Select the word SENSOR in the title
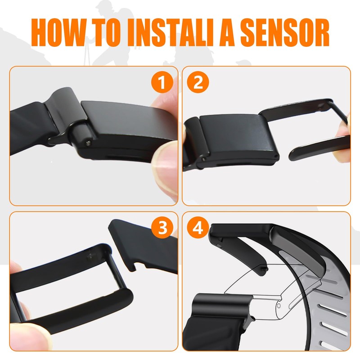(x=285, y=32)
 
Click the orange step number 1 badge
(x=162, y=82)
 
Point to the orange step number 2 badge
(x=198, y=82)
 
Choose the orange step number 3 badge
(x=162, y=228)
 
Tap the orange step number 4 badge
(x=198, y=228)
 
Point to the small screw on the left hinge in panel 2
(x=203, y=158)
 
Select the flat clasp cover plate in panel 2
(x=239, y=138)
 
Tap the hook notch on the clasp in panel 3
(x=132, y=266)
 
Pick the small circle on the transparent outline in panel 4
(x=279, y=306)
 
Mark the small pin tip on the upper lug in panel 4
(x=266, y=268)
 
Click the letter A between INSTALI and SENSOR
(x=227, y=32)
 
